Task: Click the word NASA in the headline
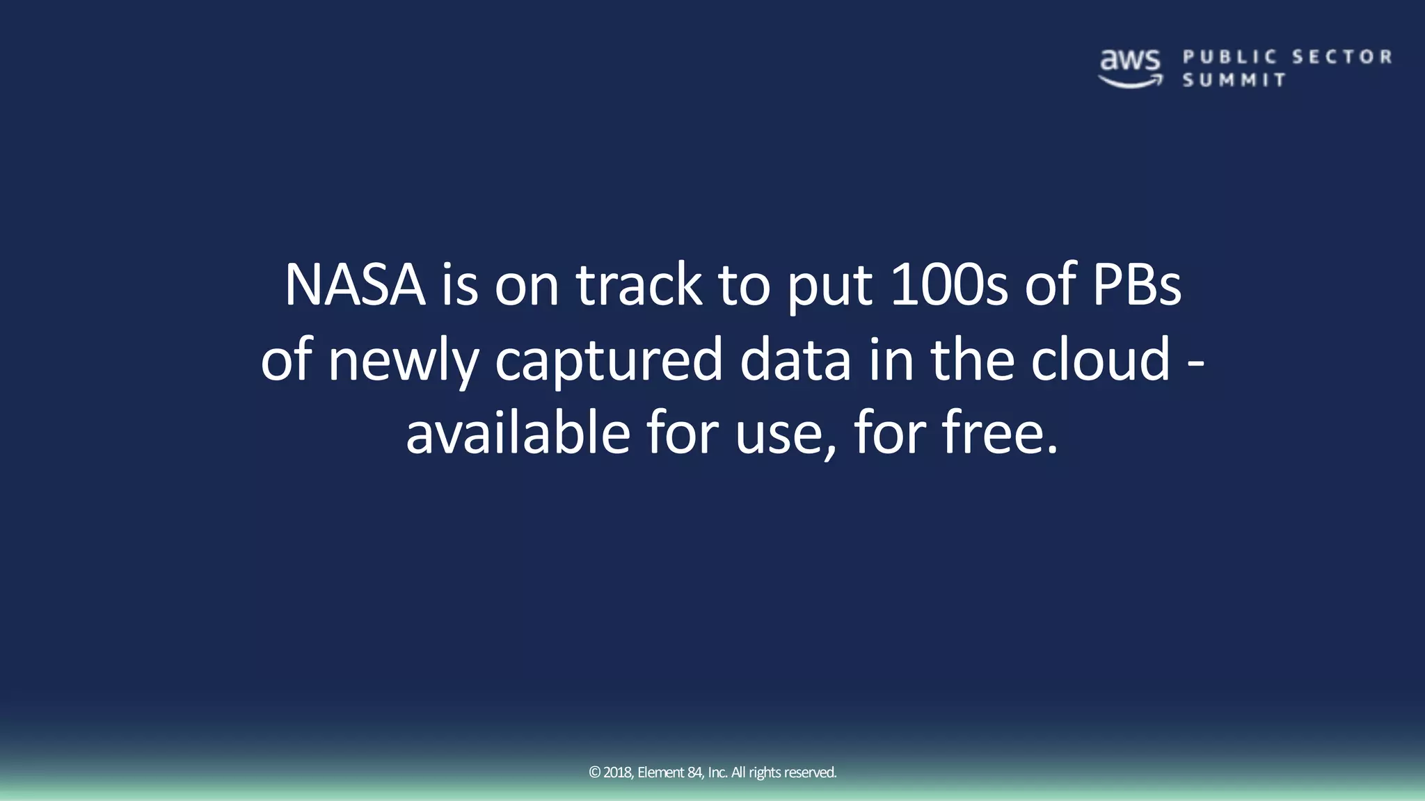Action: pos(355,284)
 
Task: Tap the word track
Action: pos(639,284)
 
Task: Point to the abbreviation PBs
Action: pos(1137,284)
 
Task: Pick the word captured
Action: pos(609,360)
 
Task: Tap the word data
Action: pos(795,359)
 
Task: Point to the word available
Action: pos(518,433)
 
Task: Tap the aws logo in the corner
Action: pos(1130,68)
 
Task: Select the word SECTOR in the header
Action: pos(1342,57)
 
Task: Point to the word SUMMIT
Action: pos(1234,80)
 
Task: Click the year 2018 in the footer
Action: pos(618,772)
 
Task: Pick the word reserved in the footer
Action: pos(810,772)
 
